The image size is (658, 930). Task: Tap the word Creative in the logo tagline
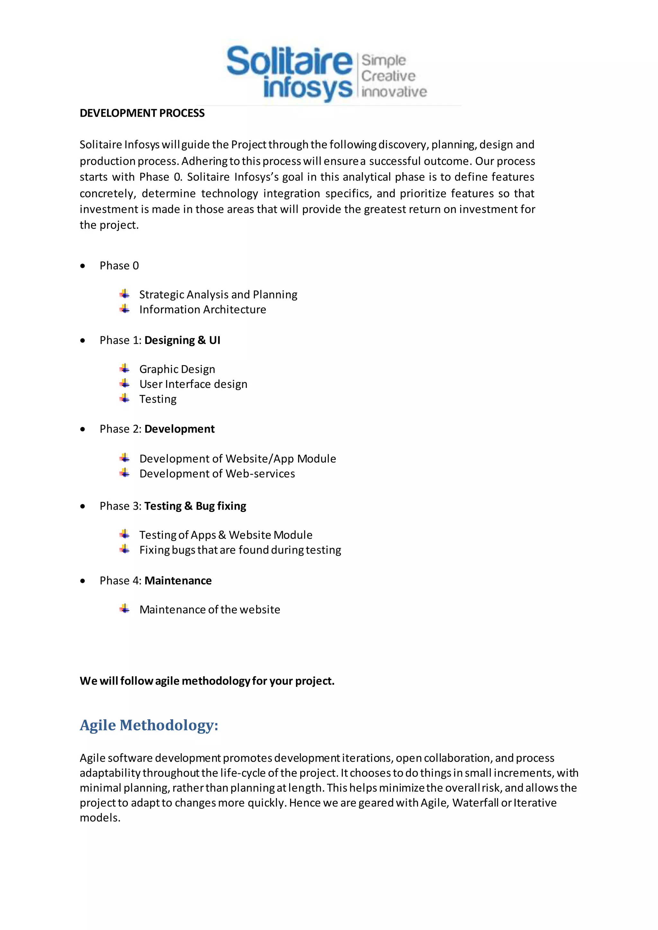coord(388,76)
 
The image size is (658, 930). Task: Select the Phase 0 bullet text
coord(119,266)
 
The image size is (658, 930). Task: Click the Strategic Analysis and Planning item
coord(218,294)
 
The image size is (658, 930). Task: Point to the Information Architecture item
coord(203,310)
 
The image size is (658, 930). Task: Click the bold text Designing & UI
coord(182,340)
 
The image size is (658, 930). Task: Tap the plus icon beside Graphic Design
coord(125,369)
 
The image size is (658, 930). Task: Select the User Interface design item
coord(193,384)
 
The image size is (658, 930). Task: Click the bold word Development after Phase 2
coord(180,429)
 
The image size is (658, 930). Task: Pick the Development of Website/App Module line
coord(237,459)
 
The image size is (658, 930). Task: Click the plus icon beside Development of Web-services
coord(125,473)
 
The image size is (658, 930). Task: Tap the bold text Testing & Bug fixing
coord(195,506)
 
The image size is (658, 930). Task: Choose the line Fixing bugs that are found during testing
coord(240,550)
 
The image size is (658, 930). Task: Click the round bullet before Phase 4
coord(83,581)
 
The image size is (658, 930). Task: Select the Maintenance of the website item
coord(209,610)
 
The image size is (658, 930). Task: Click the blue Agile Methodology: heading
coord(149,725)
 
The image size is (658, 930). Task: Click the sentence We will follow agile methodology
coord(207,681)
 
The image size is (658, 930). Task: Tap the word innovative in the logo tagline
coord(394,92)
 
